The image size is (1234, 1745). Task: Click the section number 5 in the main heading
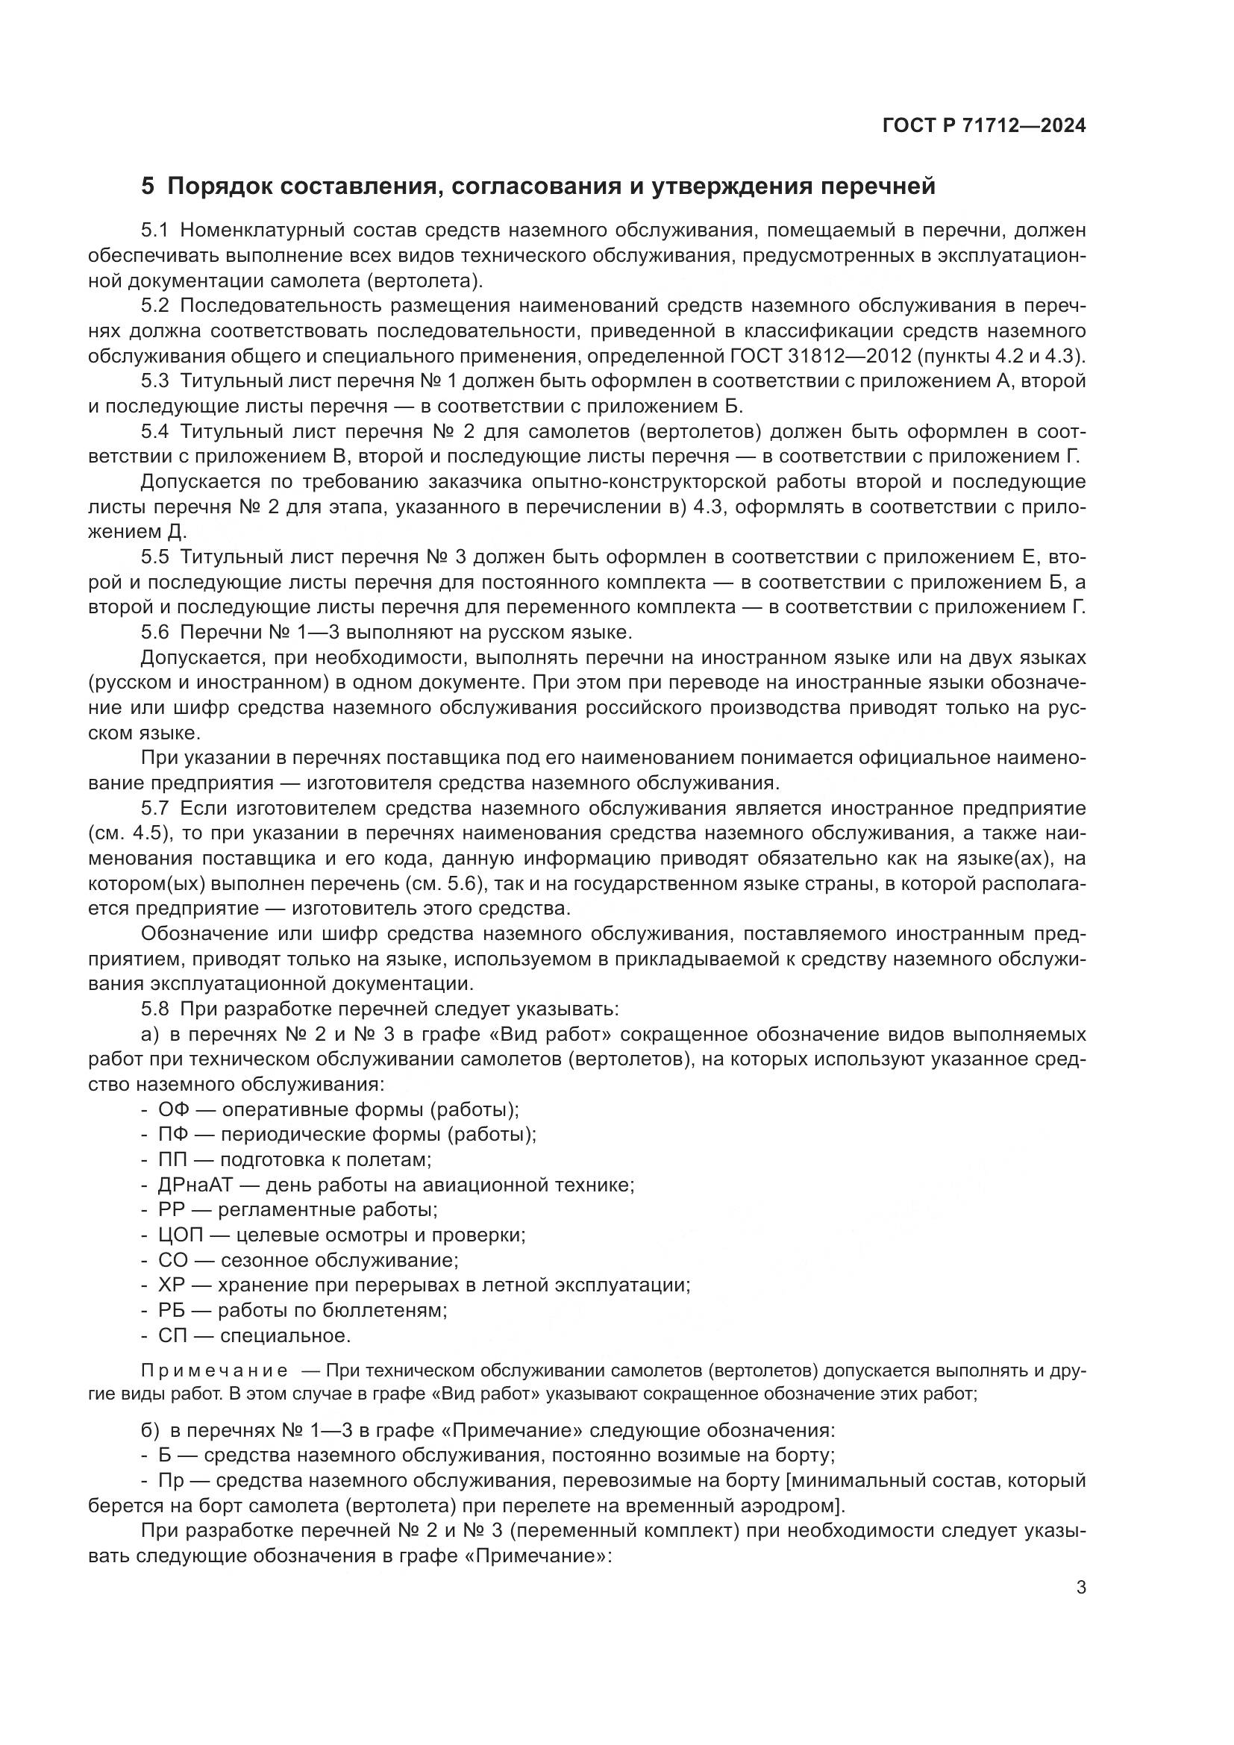click(148, 187)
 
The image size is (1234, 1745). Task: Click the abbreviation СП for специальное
click(172, 1335)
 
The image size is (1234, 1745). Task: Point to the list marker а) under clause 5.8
click(150, 1034)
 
